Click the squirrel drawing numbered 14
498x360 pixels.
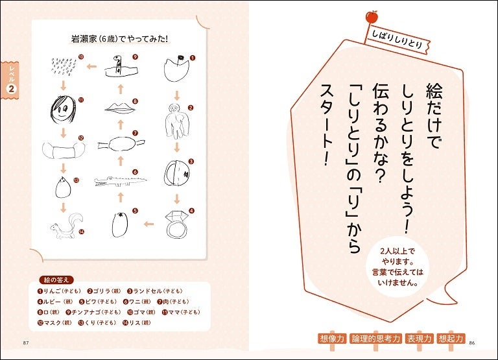[x=67, y=226]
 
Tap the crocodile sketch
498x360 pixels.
[x=120, y=182]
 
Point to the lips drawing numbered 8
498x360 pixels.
[x=120, y=108]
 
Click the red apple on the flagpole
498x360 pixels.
[x=372, y=17]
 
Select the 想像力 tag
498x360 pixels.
[x=332, y=339]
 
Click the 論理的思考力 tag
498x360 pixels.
[x=375, y=339]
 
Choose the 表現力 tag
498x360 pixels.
[x=420, y=339]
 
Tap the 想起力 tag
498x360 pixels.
[x=451, y=339]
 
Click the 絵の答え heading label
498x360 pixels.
[x=56, y=280]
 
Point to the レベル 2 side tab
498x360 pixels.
[x=10, y=79]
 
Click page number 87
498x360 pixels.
[x=26, y=343]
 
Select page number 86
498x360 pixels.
[x=471, y=343]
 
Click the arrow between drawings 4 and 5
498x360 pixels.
[x=148, y=224]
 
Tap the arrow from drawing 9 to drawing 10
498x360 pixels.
[x=92, y=67]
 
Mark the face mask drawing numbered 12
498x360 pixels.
[x=64, y=150]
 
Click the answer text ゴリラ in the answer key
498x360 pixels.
[x=101, y=291]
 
